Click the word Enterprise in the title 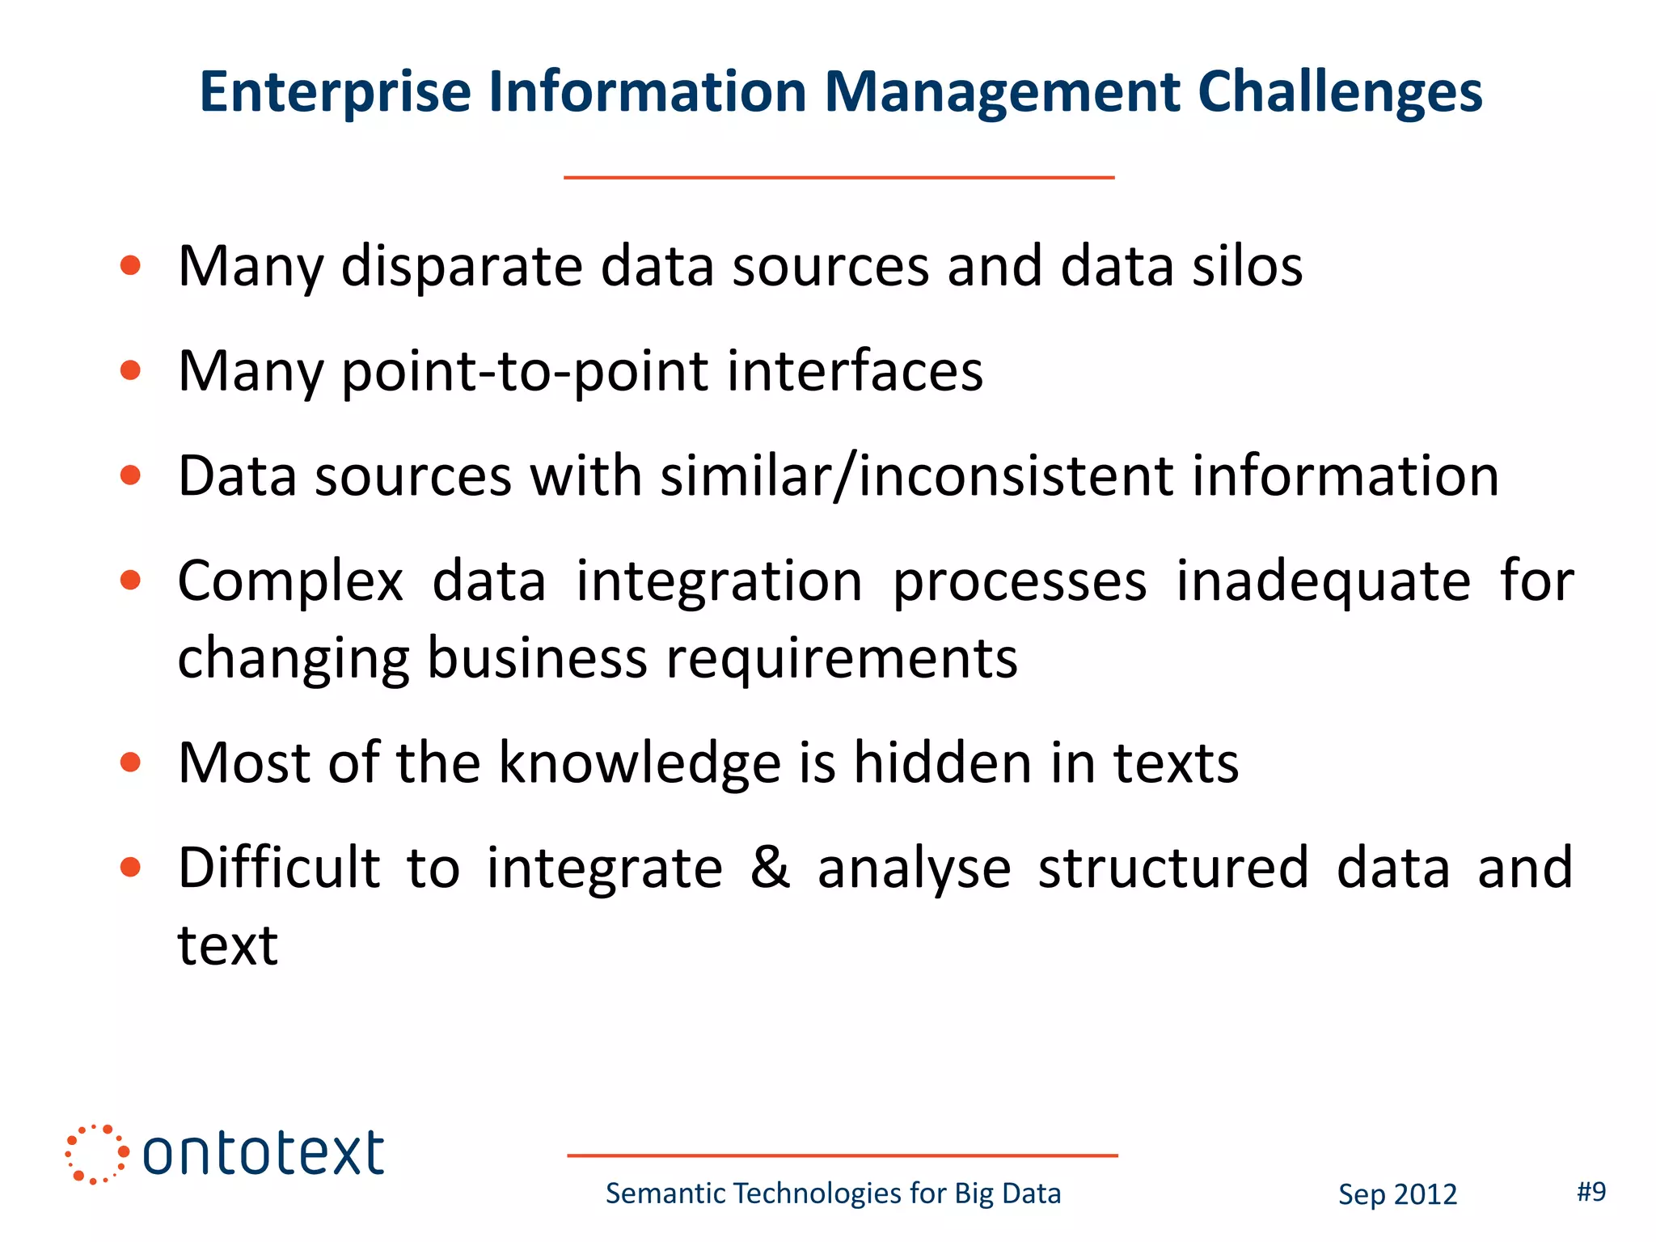click(335, 92)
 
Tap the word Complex click(290, 582)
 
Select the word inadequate click(1323, 582)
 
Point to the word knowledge click(640, 763)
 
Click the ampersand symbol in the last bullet click(770, 867)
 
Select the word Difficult click(279, 868)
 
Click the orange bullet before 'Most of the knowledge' click(130, 763)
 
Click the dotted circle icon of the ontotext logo click(96, 1154)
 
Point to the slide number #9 click(1591, 1191)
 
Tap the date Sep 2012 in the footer click(1397, 1194)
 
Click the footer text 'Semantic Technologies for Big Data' click(833, 1193)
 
